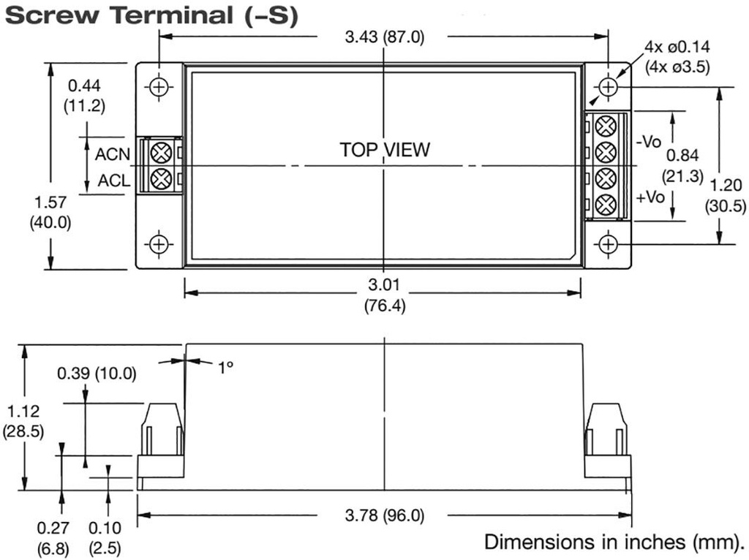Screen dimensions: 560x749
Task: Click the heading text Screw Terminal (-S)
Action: [x=151, y=16]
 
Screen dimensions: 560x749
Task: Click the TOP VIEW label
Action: [x=385, y=150]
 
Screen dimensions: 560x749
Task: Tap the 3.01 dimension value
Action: [x=384, y=284]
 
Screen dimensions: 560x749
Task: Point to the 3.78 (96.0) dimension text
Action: [x=384, y=515]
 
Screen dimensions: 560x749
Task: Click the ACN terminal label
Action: [x=113, y=154]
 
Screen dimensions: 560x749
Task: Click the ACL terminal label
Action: [x=114, y=180]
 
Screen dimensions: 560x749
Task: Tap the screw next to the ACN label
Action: [x=161, y=153]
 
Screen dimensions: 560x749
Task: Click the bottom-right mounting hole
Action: [x=608, y=243]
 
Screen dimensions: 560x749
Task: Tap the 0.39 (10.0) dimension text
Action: [x=97, y=374]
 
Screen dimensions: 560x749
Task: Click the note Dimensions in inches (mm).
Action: [x=614, y=542]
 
